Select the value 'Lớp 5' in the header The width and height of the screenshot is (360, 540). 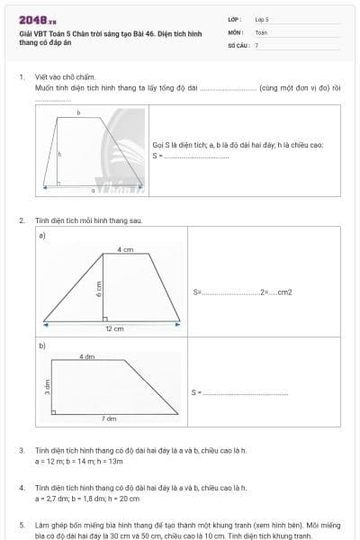[262, 18]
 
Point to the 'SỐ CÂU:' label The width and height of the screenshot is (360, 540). [238, 44]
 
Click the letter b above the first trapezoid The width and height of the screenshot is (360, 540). [78, 113]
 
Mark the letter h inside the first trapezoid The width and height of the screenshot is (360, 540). [59, 154]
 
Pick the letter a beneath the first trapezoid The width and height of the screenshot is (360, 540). [93, 190]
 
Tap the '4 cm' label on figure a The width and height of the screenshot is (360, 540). [125, 249]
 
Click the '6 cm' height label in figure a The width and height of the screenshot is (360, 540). [99, 288]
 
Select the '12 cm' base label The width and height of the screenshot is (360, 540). [114, 328]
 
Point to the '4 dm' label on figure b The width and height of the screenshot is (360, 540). [87, 356]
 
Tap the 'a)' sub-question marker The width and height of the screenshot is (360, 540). [42, 236]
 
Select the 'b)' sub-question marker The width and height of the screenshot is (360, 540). [42, 345]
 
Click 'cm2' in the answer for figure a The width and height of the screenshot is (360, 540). [285, 292]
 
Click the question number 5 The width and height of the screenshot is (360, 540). [22, 523]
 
